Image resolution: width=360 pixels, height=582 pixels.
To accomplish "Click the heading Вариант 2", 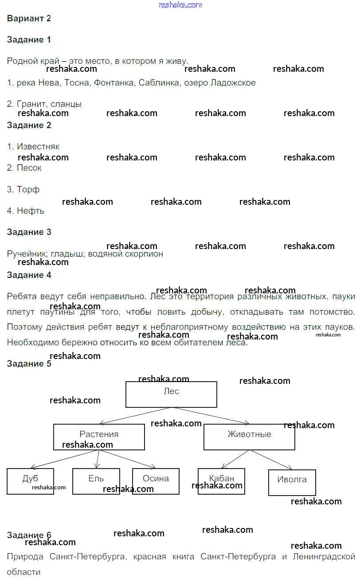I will coord(29,19).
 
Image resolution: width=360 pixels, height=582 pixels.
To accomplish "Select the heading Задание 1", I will coord(29,40).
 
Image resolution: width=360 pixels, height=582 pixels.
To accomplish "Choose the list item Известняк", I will coord(38,147).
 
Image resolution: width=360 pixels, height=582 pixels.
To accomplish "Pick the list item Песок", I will coord(29,168).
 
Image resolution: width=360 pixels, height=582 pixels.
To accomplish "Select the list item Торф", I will coord(28,190).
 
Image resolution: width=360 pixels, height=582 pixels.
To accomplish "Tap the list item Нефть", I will coord(30,211).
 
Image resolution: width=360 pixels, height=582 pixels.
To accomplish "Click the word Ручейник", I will coord(27,254).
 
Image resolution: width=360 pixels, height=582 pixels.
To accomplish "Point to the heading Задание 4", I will coord(29,275).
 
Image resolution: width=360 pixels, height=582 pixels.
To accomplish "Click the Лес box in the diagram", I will coord(171,394).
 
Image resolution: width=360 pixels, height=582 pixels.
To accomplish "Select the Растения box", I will coord(99,437).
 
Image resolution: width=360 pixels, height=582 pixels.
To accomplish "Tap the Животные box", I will coord(249,437).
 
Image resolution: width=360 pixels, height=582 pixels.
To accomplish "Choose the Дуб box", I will coord(30,481).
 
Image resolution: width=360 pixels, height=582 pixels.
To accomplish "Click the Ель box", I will coord(96,481).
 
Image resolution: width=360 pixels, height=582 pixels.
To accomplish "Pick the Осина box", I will coord(156,481).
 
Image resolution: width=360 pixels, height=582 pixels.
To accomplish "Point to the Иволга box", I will coord(292,482).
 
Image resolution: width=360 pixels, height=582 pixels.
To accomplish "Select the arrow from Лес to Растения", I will coord(135,416).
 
